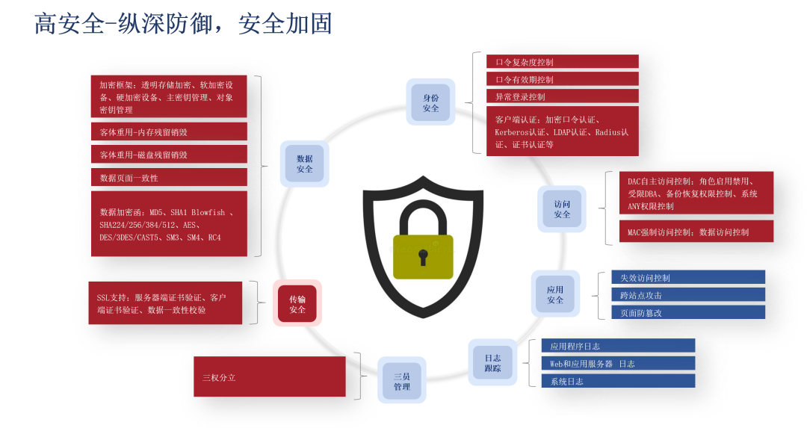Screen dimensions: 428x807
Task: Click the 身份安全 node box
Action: coord(431,103)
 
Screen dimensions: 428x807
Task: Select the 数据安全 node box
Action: coord(304,164)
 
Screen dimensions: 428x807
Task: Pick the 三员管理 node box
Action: coord(401,381)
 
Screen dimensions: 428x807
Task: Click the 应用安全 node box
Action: coord(554,295)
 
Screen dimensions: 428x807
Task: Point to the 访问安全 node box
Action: coord(562,209)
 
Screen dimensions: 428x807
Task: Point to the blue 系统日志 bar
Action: coord(618,381)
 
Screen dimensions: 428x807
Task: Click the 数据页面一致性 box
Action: coord(169,178)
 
